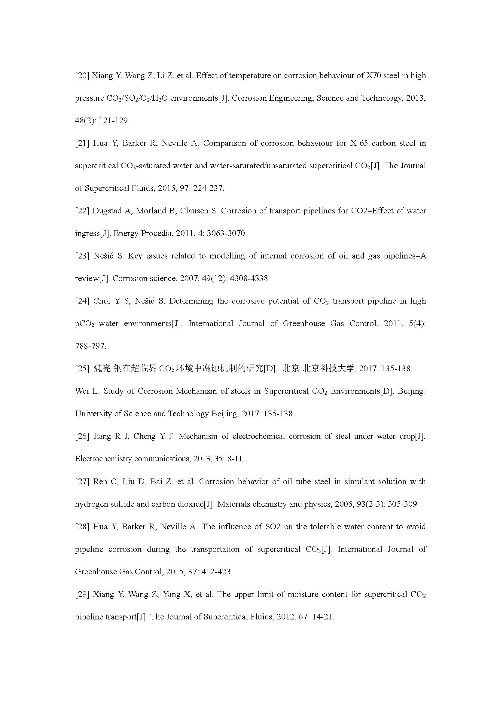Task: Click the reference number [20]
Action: click(82, 76)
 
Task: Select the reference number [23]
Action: click(82, 256)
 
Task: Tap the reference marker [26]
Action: click(82, 436)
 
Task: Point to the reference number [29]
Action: click(82, 594)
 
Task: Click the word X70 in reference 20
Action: click(374, 76)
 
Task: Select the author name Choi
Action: click(102, 301)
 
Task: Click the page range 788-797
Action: click(90, 346)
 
